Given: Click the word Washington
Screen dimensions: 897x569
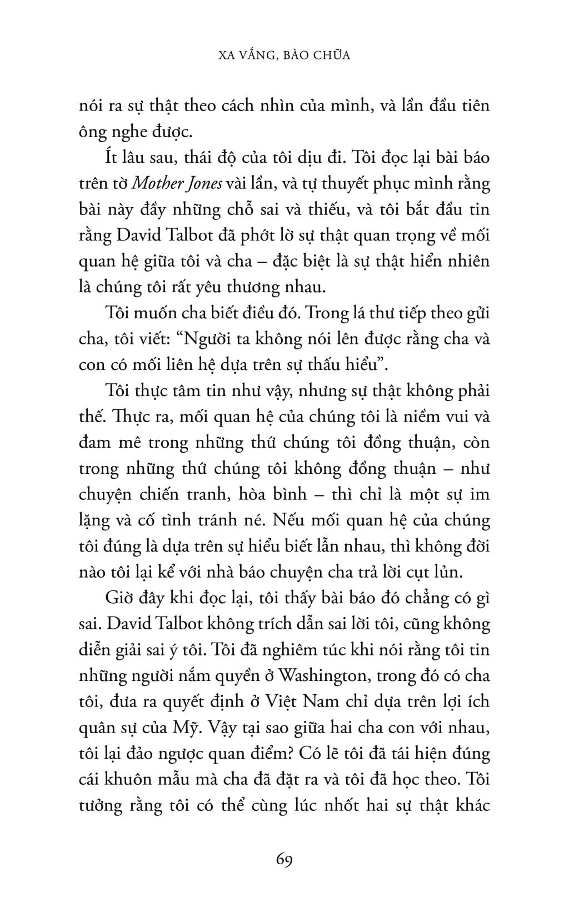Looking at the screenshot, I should coord(323,676).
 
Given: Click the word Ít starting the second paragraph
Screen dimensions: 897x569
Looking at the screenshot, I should coord(112,157).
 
